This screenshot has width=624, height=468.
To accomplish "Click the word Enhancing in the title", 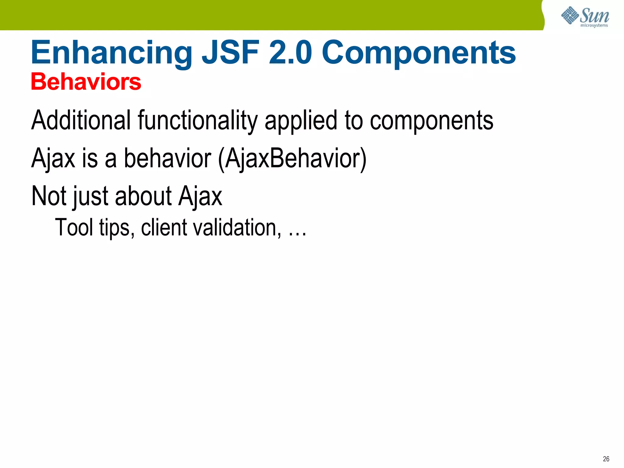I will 111,53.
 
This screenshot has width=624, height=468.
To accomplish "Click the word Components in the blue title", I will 419,53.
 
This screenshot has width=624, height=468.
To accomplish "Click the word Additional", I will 81,120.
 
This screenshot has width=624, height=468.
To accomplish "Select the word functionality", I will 198,121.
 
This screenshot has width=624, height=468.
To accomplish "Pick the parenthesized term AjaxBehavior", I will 292,158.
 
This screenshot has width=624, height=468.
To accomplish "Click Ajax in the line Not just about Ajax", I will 200,197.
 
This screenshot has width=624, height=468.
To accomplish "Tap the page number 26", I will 606,459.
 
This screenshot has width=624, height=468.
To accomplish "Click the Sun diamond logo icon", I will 569,15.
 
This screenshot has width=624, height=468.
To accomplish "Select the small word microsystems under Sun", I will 594,26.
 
